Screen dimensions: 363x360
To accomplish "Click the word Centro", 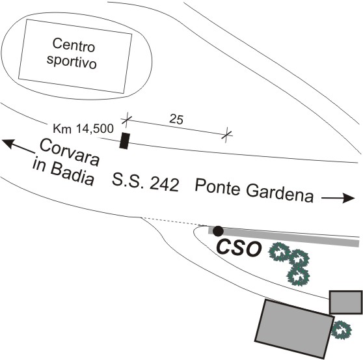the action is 74,45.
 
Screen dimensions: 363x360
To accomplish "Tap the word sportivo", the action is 72,61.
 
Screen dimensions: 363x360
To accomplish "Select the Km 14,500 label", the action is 83,129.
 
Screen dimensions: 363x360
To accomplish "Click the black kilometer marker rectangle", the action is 124,141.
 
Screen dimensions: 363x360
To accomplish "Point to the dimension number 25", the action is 176,120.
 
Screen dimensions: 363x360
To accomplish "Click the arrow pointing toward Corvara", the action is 18,146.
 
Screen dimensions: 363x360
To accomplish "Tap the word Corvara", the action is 70,152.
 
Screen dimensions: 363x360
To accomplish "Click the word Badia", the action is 72,174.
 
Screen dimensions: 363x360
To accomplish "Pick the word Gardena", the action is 280,195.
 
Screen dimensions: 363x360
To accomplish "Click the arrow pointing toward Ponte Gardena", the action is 338,198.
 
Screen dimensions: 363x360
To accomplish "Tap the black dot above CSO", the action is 218,231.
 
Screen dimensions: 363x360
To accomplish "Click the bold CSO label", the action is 239,248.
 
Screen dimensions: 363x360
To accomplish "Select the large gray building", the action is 294,329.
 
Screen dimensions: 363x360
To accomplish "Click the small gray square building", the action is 346,303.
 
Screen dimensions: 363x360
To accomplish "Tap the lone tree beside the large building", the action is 342,330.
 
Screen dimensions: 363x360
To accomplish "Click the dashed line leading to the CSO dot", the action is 174,222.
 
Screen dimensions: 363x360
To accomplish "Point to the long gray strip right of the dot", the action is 284,237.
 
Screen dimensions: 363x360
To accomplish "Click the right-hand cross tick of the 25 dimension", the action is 227,135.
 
